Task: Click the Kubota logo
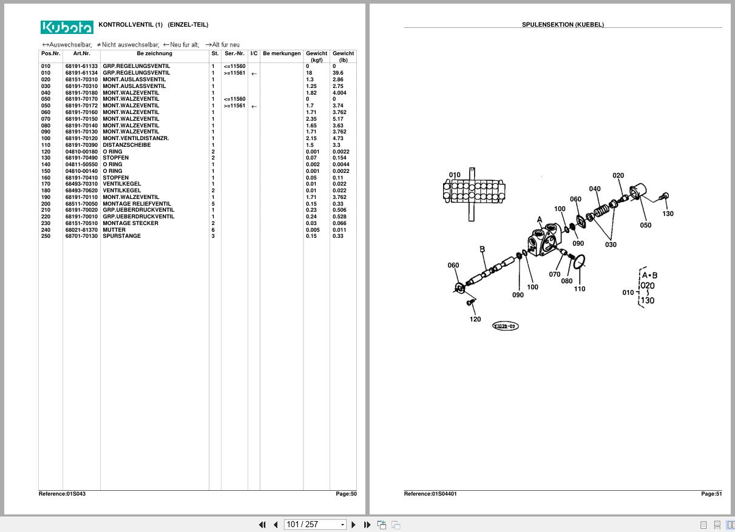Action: pyautogui.click(x=67, y=27)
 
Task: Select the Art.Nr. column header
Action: pyautogui.click(x=81, y=53)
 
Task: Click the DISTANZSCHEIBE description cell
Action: pyautogui.click(x=126, y=145)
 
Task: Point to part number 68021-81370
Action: pyautogui.click(x=81, y=230)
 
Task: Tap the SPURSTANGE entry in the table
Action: pyautogui.click(x=121, y=236)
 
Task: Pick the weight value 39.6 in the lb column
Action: pyautogui.click(x=338, y=73)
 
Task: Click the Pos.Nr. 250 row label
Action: pyautogui.click(x=46, y=236)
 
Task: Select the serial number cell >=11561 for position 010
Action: pyautogui.click(x=234, y=73)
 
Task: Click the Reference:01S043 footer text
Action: pyautogui.click(x=62, y=494)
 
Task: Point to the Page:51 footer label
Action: pyautogui.click(x=711, y=494)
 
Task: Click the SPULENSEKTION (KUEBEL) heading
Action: pyautogui.click(x=563, y=25)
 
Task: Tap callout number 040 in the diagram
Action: pyautogui.click(x=595, y=189)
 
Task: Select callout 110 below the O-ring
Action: pyautogui.click(x=580, y=289)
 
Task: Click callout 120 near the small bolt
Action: pyautogui.click(x=475, y=319)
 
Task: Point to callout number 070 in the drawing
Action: pyautogui.click(x=555, y=274)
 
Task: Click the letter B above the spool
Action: pyautogui.click(x=483, y=249)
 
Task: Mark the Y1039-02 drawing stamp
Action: pyautogui.click(x=505, y=326)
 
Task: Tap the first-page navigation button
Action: pyautogui.click(x=262, y=525)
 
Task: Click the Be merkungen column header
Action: pyautogui.click(x=282, y=53)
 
